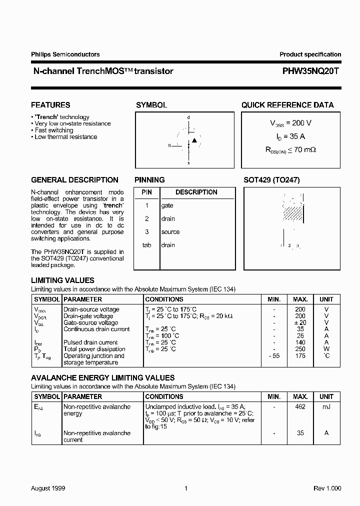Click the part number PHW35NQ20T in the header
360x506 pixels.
pyautogui.click(x=310, y=71)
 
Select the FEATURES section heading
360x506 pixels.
pyautogui.click(x=50, y=105)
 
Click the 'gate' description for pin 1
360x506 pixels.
pyautogui.click(x=167, y=205)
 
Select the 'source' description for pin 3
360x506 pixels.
pyautogui.click(x=170, y=232)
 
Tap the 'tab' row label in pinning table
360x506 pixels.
pyautogui.click(x=146, y=245)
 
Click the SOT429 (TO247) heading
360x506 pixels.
pyautogui.click(x=271, y=180)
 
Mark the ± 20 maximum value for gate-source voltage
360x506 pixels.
pyautogui.click(x=300, y=322)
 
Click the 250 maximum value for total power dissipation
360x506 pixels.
pyautogui.click(x=300, y=349)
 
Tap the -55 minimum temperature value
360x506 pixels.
pyautogui.click(x=273, y=355)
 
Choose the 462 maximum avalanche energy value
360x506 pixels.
pyautogui.click(x=300, y=406)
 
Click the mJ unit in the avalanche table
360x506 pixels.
pyautogui.click(x=326, y=406)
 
